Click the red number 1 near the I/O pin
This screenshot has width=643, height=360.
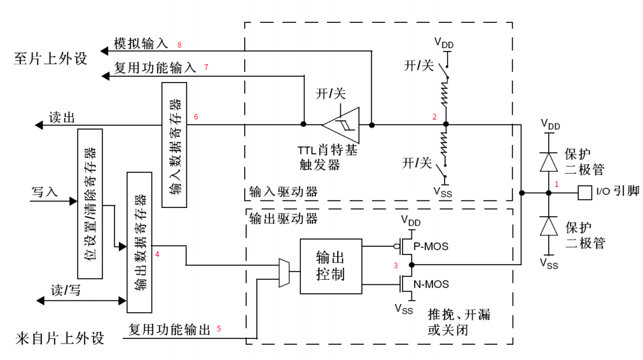tap(557, 184)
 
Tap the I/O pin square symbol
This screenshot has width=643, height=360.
tap(583, 191)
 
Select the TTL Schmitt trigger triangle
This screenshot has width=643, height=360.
tap(342, 124)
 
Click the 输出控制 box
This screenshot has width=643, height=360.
tap(331, 266)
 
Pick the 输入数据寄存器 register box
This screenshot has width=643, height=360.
tap(175, 144)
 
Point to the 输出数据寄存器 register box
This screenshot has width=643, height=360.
tap(140, 242)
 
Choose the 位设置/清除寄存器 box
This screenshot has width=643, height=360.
tap(90, 204)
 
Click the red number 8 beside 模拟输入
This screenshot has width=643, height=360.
tap(180, 45)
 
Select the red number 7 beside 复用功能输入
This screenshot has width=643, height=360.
tap(206, 67)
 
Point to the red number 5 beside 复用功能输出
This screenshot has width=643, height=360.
tap(219, 328)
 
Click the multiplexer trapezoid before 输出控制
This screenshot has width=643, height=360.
tap(284, 273)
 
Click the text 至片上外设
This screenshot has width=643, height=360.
tap(50, 59)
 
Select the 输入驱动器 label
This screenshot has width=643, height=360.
tap(283, 191)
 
